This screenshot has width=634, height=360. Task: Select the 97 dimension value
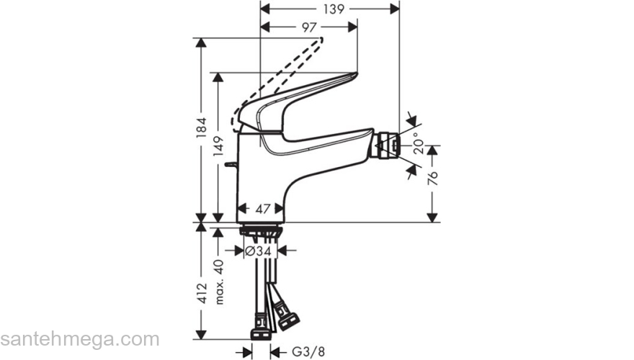point(308,27)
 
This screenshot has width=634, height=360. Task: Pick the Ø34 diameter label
point(257,251)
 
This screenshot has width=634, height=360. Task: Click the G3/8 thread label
point(303,352)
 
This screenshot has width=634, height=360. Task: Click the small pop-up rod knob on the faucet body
point(229,167)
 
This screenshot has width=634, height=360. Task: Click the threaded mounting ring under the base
point(260,231)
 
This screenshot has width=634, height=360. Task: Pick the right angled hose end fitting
point(287,317)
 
